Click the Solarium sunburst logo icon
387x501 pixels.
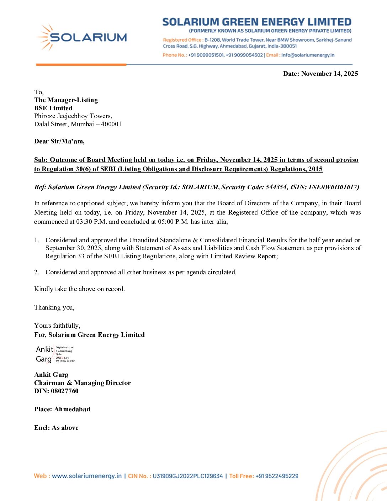pyautogui.click(x=45, y=37)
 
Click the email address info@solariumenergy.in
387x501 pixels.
pyautogui.click(x=308, y=55)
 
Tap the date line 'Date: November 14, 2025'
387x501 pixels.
pyautogui.click(x=320, y=74)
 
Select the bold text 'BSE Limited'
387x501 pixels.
pyautogui.click(x=53, y=108)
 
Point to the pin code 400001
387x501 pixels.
pyautogui.click(x=111, y=124)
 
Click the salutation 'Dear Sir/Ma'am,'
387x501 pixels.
pyautogui.click(x=59, y=141)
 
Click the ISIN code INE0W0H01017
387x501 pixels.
pyautogui.click(x=334, y=187)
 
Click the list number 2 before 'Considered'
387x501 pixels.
pyautogui.click(x=37, y=272)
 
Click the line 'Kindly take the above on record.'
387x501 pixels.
pyautogui.click(x=79, y=289)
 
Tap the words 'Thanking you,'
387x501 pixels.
pyautogui.click(x=54, y=307)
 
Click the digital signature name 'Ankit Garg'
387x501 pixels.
pyautogui.click(x=44, y=354)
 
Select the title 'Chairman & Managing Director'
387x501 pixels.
pyautogui.click(x=83, y=383)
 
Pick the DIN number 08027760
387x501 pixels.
pyautogui.click(x=65, y=391)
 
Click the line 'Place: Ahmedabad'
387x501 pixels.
pyautogui.click(x=62, y=409)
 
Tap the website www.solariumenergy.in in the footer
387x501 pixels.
pyautogui.click(x=87, y=476)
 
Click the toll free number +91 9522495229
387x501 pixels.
pyautogui.click(x=277, y=476)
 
